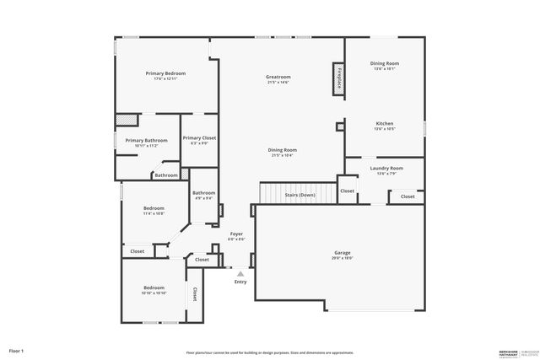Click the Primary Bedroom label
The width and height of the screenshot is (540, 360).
coord(165,73)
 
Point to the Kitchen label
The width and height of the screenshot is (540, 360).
coord(384,124)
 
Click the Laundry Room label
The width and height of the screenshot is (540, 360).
coord(386,168)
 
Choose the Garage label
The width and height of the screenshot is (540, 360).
coord(342,253)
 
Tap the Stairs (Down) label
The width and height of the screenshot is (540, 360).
coord(300,195)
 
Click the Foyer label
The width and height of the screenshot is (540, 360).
coord(236,234)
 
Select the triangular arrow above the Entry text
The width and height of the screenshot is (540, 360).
coord(240,273)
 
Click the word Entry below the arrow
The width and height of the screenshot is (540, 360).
coord(240,282)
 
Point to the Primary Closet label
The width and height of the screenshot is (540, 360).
coord(199,137)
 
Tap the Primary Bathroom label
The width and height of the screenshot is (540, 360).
coord(146,141)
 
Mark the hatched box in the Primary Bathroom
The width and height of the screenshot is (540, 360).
coord(127,120)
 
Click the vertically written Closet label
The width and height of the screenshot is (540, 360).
coord(194,294)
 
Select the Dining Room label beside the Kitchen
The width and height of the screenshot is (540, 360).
coord(384,63)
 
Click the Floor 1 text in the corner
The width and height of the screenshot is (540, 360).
coord(16,350)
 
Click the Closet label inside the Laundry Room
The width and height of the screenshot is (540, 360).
coord(408,196)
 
